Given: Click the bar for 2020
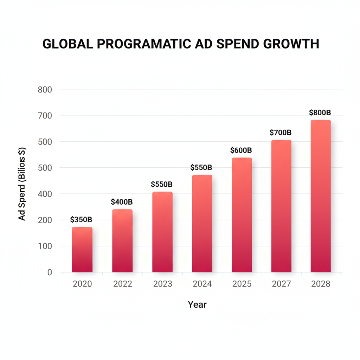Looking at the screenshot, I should [82, 250].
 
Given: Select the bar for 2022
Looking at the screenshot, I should [122, 241].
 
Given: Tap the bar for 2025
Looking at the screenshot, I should [242, 215].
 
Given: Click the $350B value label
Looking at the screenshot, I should [81, 220].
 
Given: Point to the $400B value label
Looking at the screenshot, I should [122, 202].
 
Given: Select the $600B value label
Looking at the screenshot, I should [241, 150].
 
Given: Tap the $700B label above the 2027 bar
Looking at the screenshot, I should [281, 133].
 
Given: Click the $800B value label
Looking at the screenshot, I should [320, 112].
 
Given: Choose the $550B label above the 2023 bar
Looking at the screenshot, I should [162, 184].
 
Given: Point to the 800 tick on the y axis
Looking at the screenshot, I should [45, 89].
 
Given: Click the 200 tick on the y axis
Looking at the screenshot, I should [45, 220].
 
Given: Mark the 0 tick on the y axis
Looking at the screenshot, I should [49, 272].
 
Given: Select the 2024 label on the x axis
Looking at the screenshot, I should [202, 284].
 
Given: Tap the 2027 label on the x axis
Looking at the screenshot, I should [281, 284].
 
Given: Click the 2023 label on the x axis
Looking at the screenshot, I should [162, 284].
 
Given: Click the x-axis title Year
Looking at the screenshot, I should [197, 304].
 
